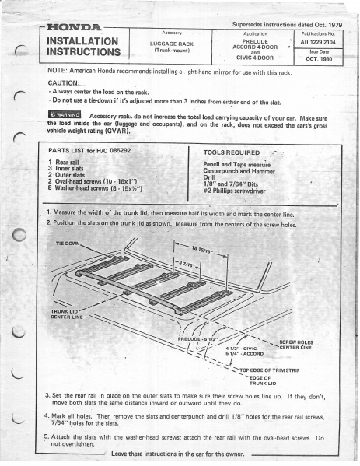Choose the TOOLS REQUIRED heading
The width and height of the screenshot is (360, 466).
231,153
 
